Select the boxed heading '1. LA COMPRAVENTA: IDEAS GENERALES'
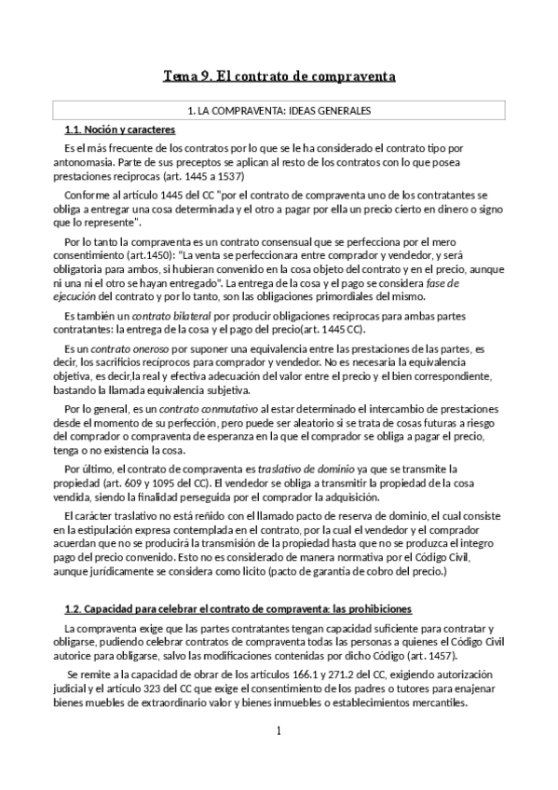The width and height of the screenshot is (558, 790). (279, 111)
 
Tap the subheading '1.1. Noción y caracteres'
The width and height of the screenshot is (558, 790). (119, 129)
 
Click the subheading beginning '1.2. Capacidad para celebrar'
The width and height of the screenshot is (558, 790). (238, 609)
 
